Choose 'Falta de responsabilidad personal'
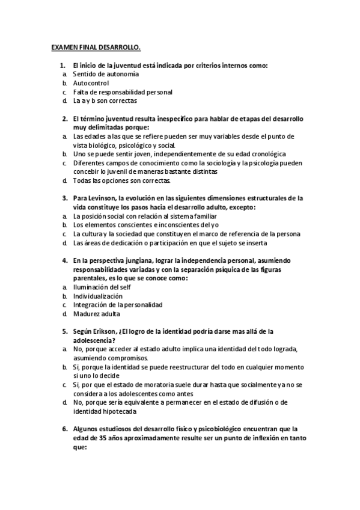coord(123,92)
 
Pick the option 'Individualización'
coord(98,296)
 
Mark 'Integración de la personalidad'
coord(118,305)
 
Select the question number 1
coord(62,65)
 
